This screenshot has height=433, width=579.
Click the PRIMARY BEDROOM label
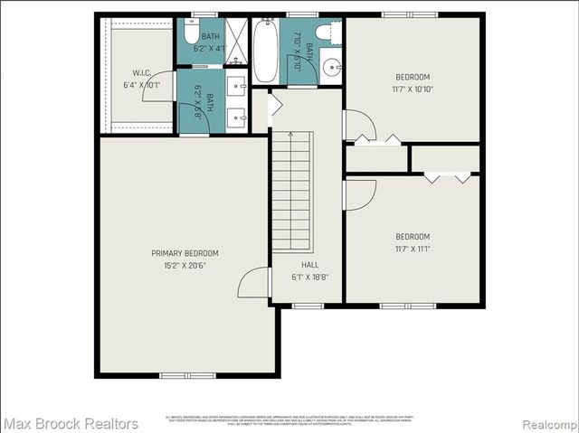(185, 253)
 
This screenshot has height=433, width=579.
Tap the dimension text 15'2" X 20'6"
(185, 266)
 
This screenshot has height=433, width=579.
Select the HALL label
(309, 265)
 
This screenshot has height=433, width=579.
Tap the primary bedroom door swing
(252, 285)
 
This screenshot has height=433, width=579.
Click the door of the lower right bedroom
(359, 193)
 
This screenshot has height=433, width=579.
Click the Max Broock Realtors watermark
(71, 423)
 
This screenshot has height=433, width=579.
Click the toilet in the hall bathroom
(329, 33)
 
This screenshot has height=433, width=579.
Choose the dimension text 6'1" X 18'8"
(309, 278)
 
